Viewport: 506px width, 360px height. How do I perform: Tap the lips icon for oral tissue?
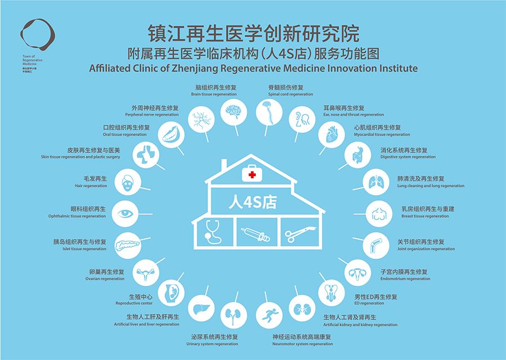(169, 134)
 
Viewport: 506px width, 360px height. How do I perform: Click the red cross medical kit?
(252, 174)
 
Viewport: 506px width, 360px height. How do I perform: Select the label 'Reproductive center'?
(134, 303)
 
